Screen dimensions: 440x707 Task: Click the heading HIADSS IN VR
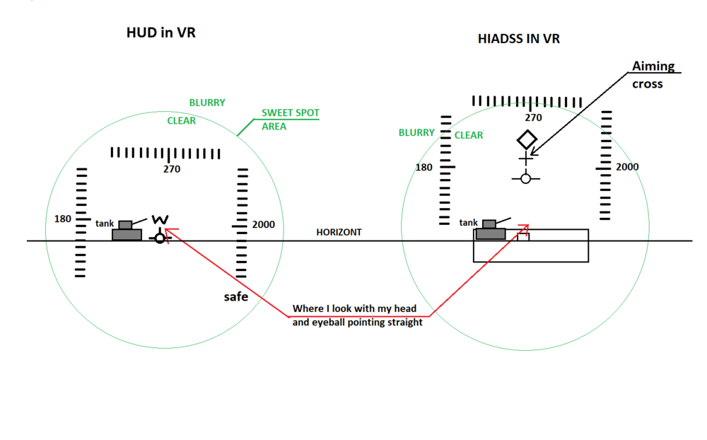pos(519,39)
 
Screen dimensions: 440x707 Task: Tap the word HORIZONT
pos(339,232)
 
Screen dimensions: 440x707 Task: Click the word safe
pos(236,296)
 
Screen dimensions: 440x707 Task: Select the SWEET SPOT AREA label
pos(290,120)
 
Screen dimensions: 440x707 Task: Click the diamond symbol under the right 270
pos(527,139)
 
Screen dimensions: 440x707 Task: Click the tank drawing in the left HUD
pos(127,231)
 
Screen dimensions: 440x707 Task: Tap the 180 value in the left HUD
pos(63,219)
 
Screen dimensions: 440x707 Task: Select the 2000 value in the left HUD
pos(263,225)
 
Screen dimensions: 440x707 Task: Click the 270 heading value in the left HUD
pos(171,169)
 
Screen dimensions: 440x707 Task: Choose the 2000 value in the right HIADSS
pos(626,167)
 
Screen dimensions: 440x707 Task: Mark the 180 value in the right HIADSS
pos(424,168)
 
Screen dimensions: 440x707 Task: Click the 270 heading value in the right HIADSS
pos(533,118)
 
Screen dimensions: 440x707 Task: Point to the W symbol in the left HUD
pos(160,220)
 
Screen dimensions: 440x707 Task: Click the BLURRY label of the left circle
pos(207,103)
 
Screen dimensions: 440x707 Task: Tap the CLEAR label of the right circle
pos(469,135)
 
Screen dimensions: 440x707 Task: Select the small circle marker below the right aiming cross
pos(525,178)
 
